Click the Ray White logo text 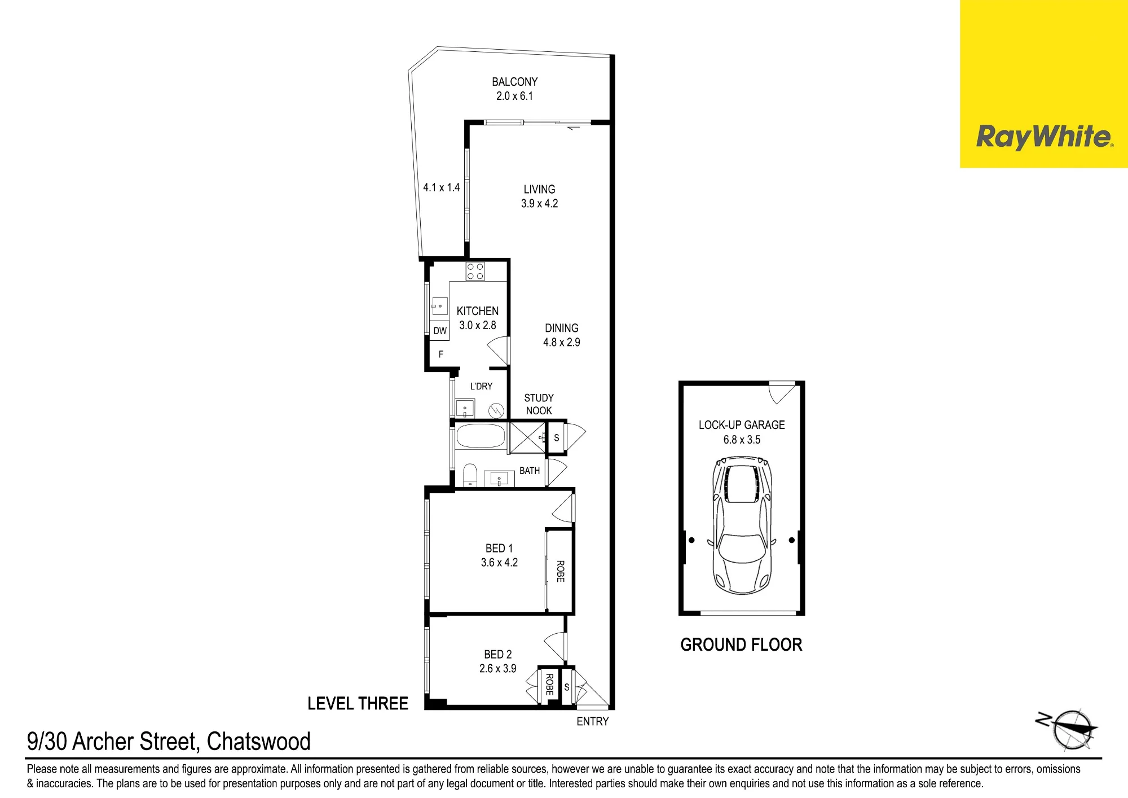point(1045,137)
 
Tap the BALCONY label point(514,82)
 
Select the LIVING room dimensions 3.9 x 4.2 point(539,204)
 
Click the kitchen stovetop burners point(475,271)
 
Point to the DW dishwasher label point(440,331)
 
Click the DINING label point(561,328)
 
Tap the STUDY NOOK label point(539,404)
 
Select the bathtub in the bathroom point(481,436)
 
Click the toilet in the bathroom point(470,475)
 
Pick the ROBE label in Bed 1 point(560,571)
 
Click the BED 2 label point(497,655)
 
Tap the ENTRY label point(592,721)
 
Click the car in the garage point(742,526)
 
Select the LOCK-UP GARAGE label point(742,425)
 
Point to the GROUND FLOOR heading point(741,644)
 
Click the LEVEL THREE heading point(358,703)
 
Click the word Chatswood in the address point(258,742)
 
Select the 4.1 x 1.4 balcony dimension point(441,187)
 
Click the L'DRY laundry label point(481,386)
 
